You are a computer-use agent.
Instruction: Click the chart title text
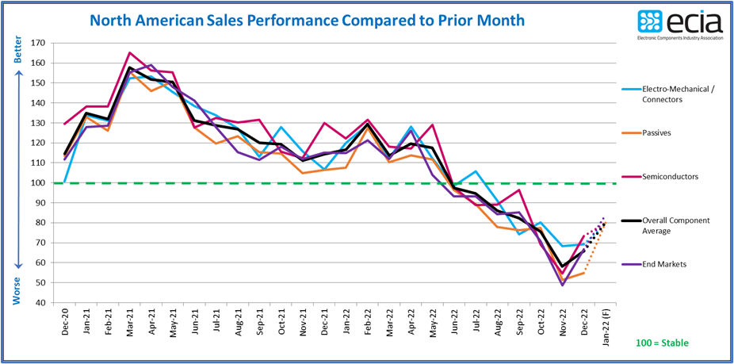pyautogui.click(x=307, y=20)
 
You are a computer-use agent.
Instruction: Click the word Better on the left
pyautogui.click(x=17, y=49)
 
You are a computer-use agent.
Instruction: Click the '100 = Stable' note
pyautogui.click(x=663, y=343)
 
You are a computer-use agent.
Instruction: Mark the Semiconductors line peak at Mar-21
pyautogui.click(x=129, y=52)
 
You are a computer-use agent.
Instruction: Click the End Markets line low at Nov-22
pyautogui.click(x=562, y=285)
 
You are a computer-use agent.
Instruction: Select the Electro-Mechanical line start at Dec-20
pyautogui.click(x=66, y=182)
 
